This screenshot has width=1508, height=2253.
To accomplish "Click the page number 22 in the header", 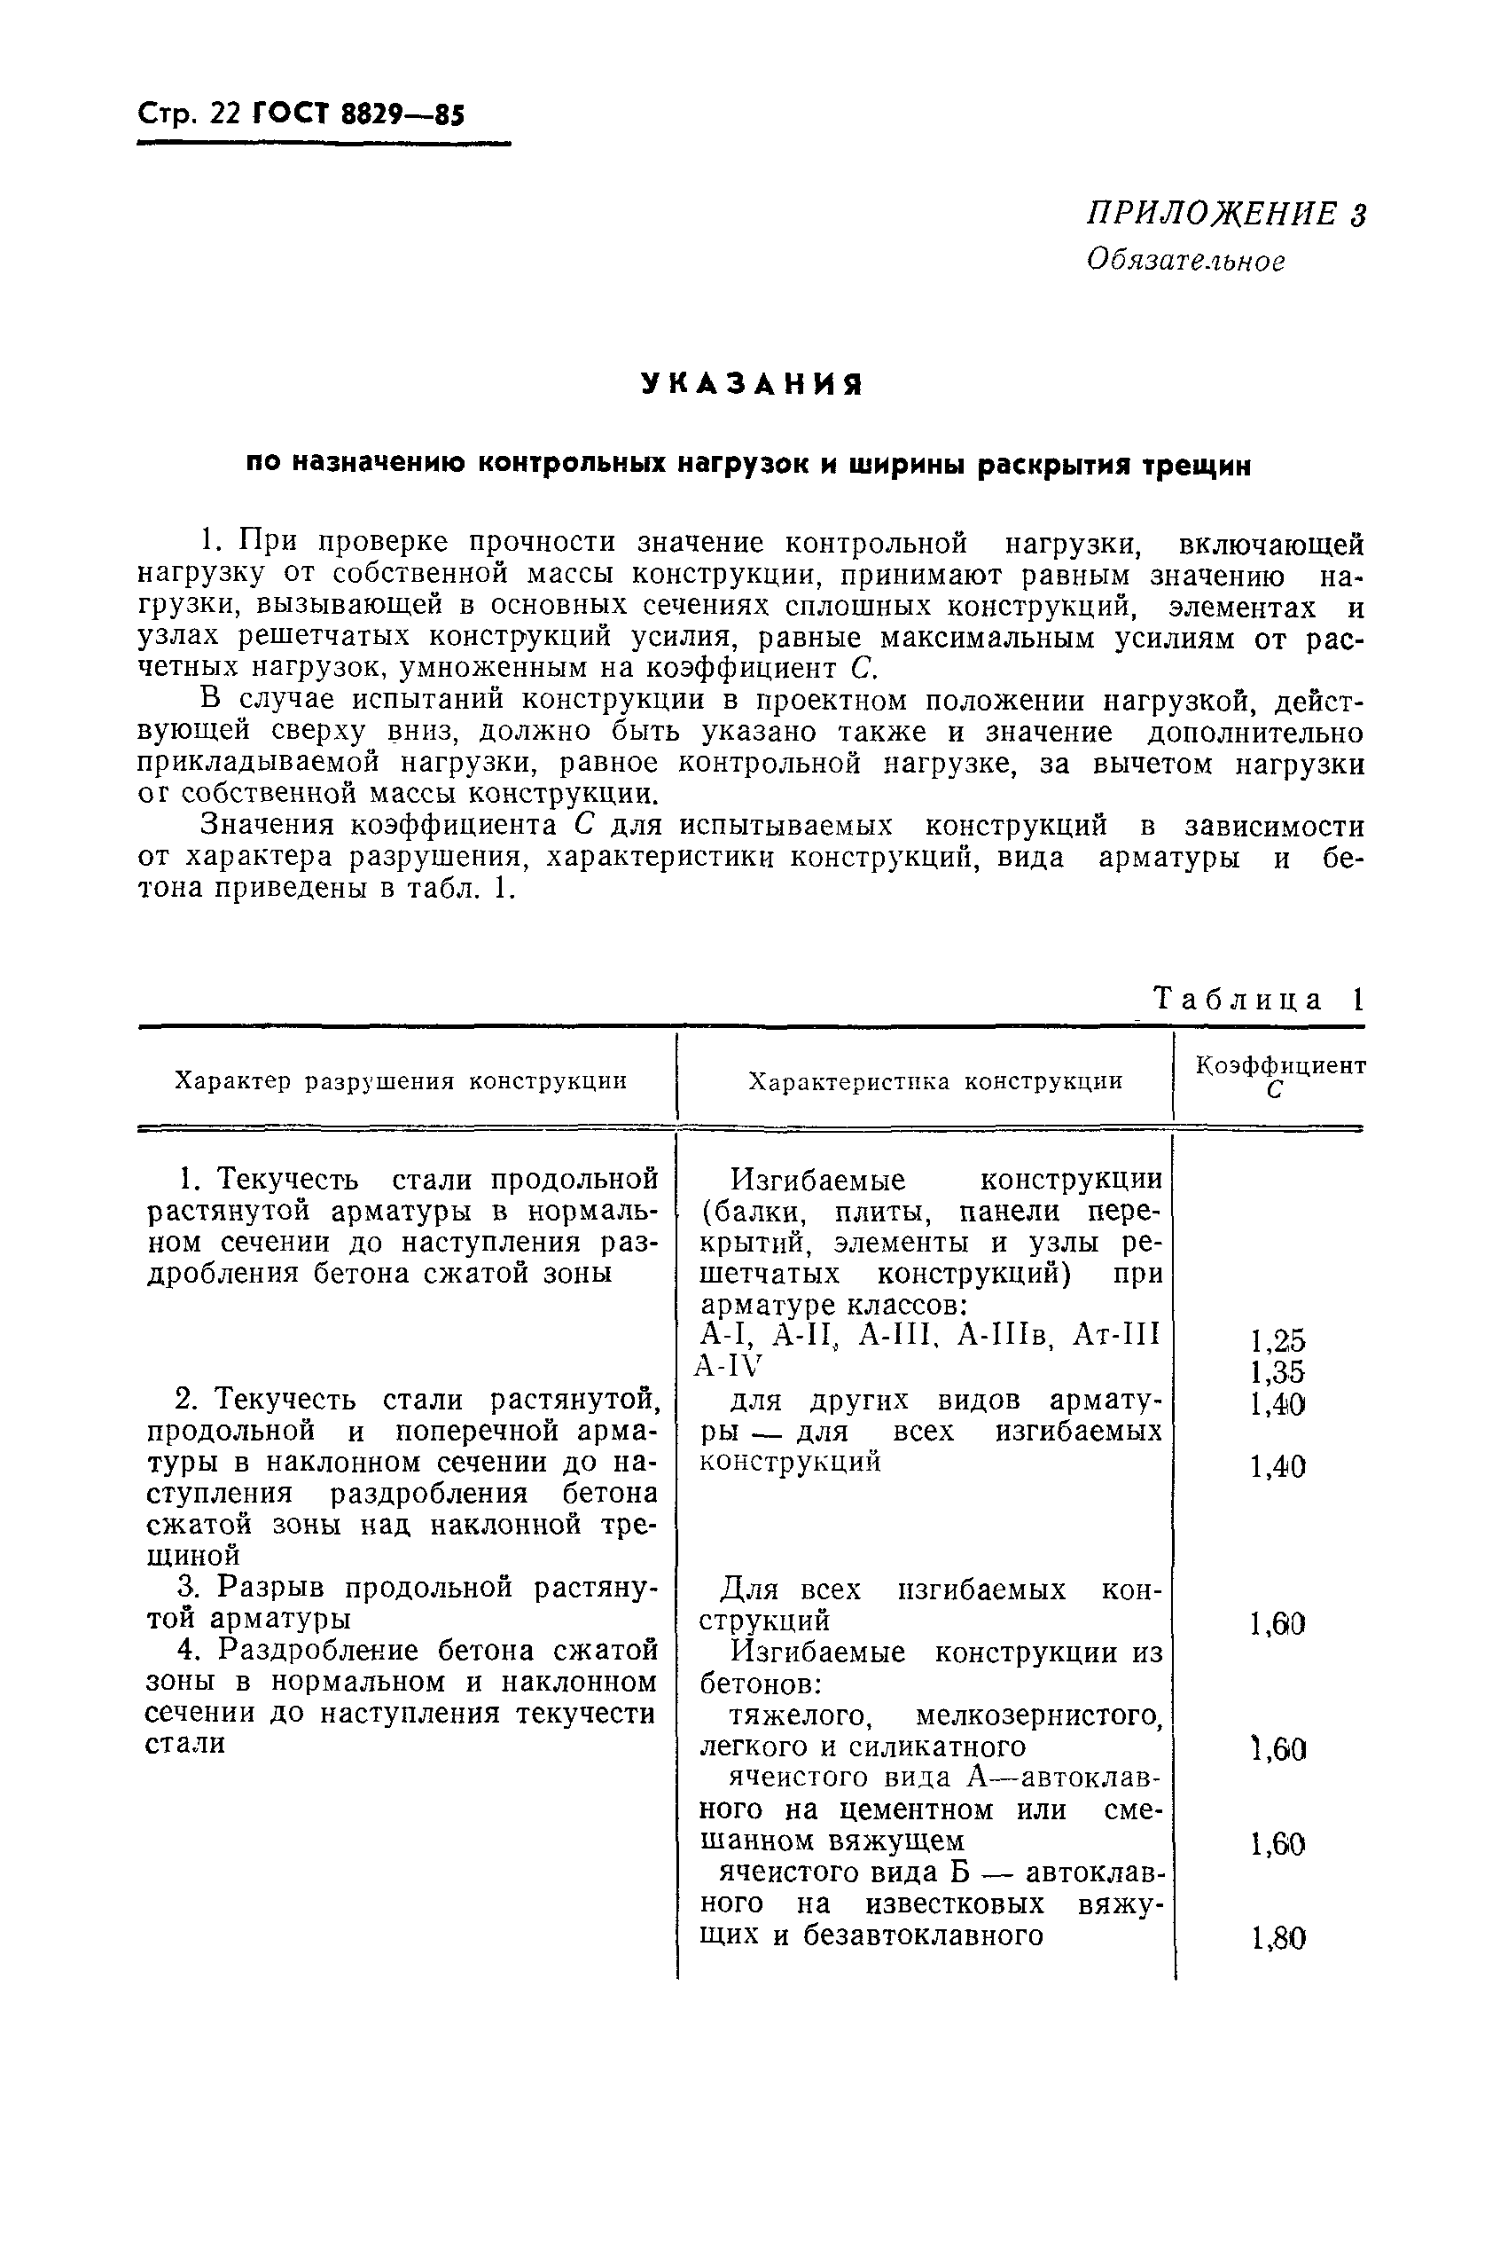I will [223, 114].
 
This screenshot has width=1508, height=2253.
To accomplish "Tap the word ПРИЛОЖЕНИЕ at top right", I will [1211, 214].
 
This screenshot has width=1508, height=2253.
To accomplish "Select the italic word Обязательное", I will [1184, 261].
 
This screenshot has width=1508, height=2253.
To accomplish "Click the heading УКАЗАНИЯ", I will [752, 385].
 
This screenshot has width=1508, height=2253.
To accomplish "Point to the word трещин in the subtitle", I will [1197, 467].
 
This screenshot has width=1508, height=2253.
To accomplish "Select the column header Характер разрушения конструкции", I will [401, 1081].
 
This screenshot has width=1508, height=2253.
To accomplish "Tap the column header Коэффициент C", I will [1280, 1077].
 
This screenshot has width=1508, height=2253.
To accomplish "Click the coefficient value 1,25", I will [1278, 1340].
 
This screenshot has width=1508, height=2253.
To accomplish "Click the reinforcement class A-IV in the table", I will [728, 1366].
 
